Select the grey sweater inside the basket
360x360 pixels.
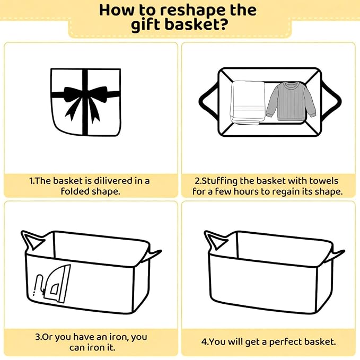pos(291,101)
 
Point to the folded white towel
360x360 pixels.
pos(248,103)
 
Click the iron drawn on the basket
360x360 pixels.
pos(53,284)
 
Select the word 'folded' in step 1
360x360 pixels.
pos(72,191)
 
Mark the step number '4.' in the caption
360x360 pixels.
pos(205,342)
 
